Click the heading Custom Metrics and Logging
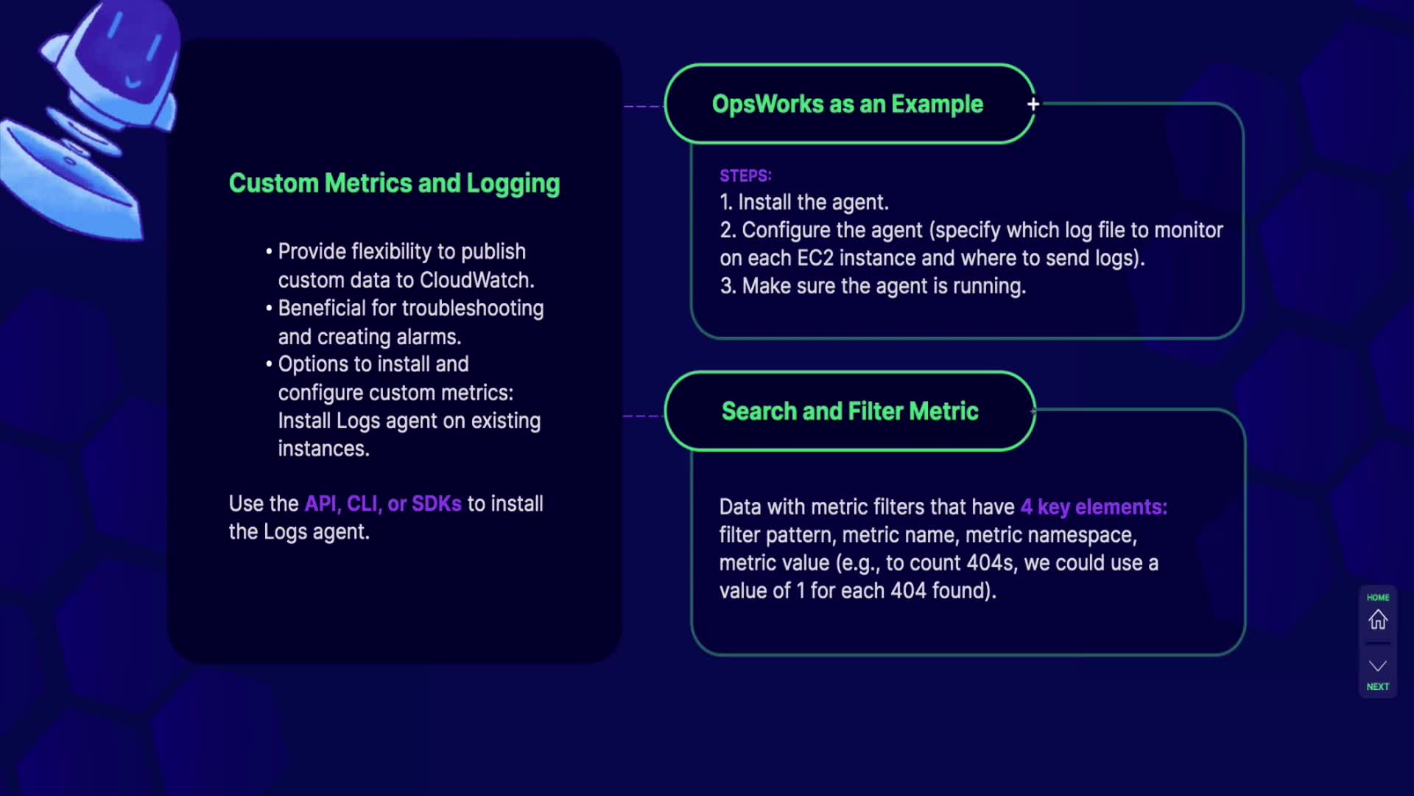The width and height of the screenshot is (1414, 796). pos(394,184)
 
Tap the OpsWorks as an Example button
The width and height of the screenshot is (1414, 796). pos(848,104)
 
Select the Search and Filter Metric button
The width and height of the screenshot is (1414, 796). pos(850,411)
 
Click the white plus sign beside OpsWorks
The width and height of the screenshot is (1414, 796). pos(1033,105)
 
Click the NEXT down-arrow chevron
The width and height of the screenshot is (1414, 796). pos(1377,666)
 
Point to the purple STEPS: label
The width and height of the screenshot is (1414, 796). pos(745,176)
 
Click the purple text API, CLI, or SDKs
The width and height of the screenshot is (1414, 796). pos(383,503)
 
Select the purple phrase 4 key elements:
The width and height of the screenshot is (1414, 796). pos(1094,507)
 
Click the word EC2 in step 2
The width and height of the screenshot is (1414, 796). pos(815,258)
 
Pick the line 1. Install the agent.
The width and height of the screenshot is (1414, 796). pos(804,202)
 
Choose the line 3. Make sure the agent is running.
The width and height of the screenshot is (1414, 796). pos(873,286)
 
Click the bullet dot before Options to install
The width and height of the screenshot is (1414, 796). pos(269,364)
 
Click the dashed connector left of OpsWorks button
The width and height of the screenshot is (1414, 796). pos(643,107)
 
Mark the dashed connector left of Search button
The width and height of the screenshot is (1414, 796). pos(642,416)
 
